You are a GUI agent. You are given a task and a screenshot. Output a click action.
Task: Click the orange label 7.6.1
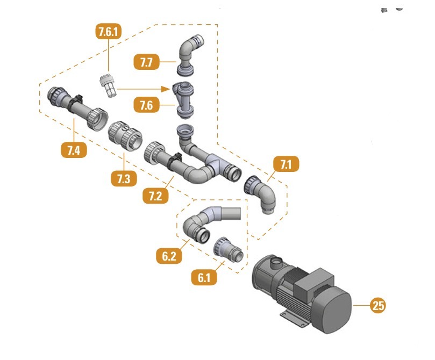(109, 32)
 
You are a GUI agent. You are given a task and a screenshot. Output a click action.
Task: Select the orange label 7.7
(146, 62)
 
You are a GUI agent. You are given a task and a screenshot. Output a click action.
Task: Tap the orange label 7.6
(146, 105)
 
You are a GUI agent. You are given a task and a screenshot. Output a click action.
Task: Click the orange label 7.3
(124, 178)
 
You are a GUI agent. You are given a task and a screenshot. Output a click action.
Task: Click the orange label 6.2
(169, 256)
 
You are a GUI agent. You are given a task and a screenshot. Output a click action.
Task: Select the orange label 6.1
(204, 278)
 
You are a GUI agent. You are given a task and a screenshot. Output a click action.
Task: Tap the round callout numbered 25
(378, 306)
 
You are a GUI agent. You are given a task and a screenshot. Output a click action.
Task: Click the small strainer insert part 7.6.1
(107, 85)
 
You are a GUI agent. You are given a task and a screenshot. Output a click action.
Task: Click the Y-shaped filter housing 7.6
(183, 99)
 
